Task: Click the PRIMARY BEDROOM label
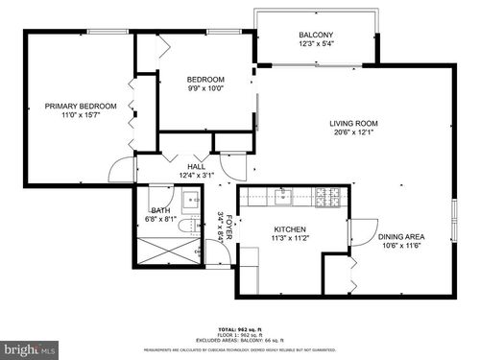tap(81, 106)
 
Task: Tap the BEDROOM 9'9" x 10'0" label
tap(205, 79)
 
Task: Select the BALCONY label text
tap(316, 34)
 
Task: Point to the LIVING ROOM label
tap(353, 123)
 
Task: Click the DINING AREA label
tap(401, 237)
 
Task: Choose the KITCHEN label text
tap(290, 229)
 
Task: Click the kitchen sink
tap(283, 198)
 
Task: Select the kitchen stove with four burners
tap(328, 198)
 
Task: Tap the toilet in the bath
tap(192, 227)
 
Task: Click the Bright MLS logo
tap(29, 348)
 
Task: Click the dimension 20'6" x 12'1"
tap(353, 132)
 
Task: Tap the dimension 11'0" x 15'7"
tap(81, 115)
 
